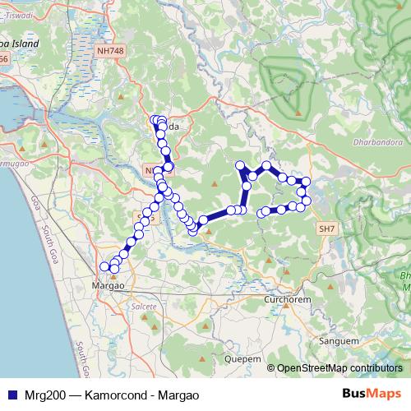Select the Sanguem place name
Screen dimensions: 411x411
pos(342,339)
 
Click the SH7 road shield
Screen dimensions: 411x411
pos(327,227)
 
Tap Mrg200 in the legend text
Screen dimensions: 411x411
pos(40,395)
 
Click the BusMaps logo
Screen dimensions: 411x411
pos(371,394)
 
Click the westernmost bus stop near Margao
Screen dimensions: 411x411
pos(104,266)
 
